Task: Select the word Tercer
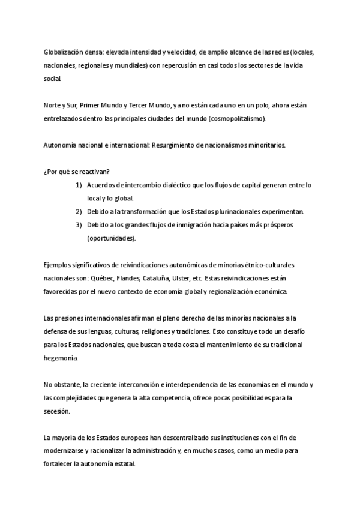[x=142, y=105]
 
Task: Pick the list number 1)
[x=79, y=185]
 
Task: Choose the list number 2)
[x=79, y=211]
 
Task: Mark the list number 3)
[x=79, y=224]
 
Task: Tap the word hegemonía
[x=61, y=357]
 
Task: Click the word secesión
[x=56, y=411]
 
